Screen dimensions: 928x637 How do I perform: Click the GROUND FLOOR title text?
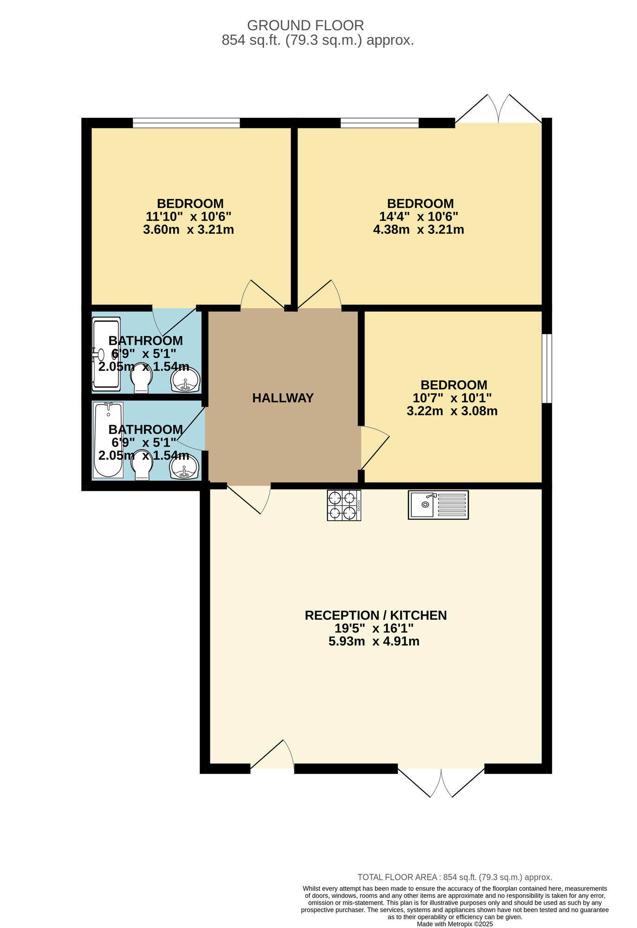(305, 25)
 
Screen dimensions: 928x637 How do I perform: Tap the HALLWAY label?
(283, 398)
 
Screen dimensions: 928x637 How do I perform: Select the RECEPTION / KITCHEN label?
(375, 615)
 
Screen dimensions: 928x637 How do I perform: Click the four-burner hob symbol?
(344, 505)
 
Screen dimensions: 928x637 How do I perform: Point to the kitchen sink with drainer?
(438, 504)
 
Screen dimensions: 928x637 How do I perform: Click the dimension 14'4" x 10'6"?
(418, 216)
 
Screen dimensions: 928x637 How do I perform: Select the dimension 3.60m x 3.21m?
(188, 229)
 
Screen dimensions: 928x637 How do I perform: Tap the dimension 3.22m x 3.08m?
(452, 411)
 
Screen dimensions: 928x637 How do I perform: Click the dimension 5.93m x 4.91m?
(374, 641)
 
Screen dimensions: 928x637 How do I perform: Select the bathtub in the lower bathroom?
(108, 439)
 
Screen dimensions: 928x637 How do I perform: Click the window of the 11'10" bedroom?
(186, 123)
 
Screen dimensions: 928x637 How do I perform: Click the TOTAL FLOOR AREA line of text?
(455, 877)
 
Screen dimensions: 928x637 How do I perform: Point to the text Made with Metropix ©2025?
(455, 923)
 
